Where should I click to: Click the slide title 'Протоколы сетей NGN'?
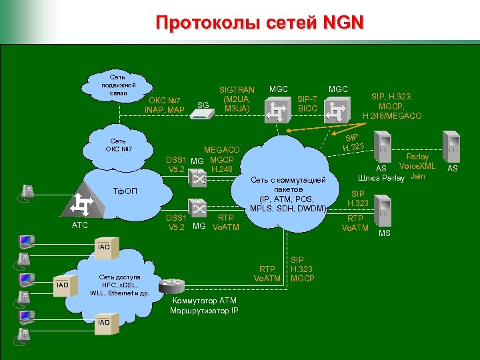pos(260,23)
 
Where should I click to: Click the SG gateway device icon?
pos(219,114)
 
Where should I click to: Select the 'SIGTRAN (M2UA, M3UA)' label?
pos(237,99)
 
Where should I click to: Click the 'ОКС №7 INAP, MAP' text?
pos(164,105)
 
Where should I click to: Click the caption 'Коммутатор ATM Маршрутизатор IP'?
pos(203,305)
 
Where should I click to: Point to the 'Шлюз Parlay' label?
pos(381,177)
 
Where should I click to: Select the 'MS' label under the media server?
pos(385,233)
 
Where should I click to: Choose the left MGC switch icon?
pos(277,109)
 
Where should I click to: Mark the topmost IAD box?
pos(104,247)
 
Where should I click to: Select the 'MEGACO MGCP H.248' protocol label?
pos(221,160)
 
